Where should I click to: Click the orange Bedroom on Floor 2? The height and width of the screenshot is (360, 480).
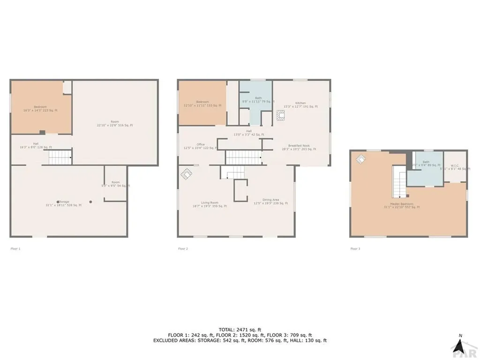click(x=202, y=104)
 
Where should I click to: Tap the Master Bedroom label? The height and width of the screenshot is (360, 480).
click(x=401, y=205)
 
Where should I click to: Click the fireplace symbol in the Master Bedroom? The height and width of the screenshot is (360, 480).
click(x=361, y=159)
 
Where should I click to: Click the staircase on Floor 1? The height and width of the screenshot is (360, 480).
click(x=60, y=157)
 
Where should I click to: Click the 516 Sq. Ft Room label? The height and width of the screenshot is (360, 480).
click(x=115, y=123)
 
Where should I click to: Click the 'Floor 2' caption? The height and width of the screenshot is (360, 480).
click(x=183, y=248)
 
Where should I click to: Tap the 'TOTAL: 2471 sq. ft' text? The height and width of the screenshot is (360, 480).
click(x=240, y=330)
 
